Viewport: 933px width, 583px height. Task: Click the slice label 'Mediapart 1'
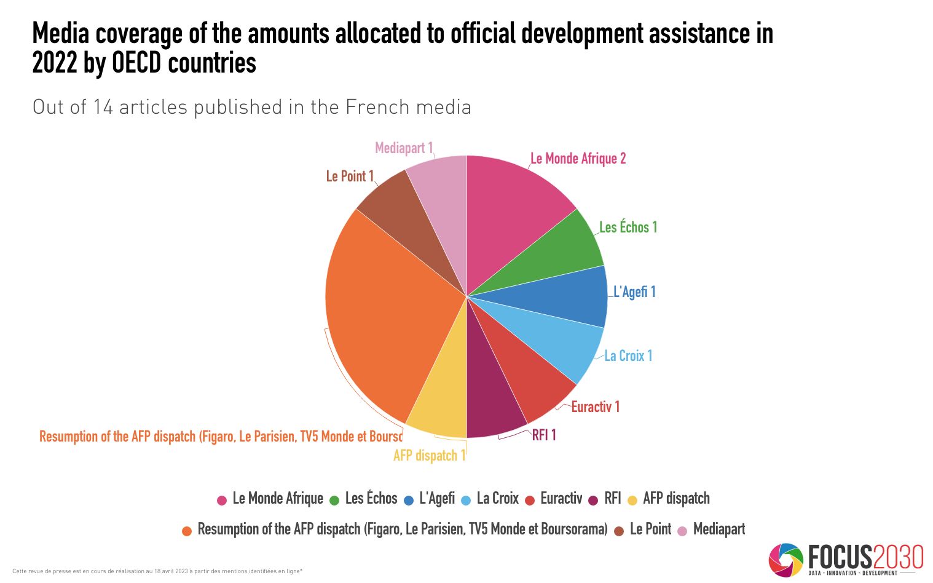point(404,148)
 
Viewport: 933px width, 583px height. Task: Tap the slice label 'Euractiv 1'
point(595,407)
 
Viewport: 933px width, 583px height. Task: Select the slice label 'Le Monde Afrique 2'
point(578,159)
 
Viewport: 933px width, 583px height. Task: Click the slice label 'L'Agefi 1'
point(634,292)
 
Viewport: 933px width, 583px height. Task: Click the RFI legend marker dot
point(593,500)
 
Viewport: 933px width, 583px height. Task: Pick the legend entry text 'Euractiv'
point(561,499)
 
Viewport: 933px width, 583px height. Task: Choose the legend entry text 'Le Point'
point(650,529)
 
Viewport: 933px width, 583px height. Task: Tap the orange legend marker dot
point(187,531)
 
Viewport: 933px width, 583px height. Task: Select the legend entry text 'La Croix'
point(497,499)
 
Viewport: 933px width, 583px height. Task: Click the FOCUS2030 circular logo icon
point(785,559)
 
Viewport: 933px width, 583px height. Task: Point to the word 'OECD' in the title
point(139,63)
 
